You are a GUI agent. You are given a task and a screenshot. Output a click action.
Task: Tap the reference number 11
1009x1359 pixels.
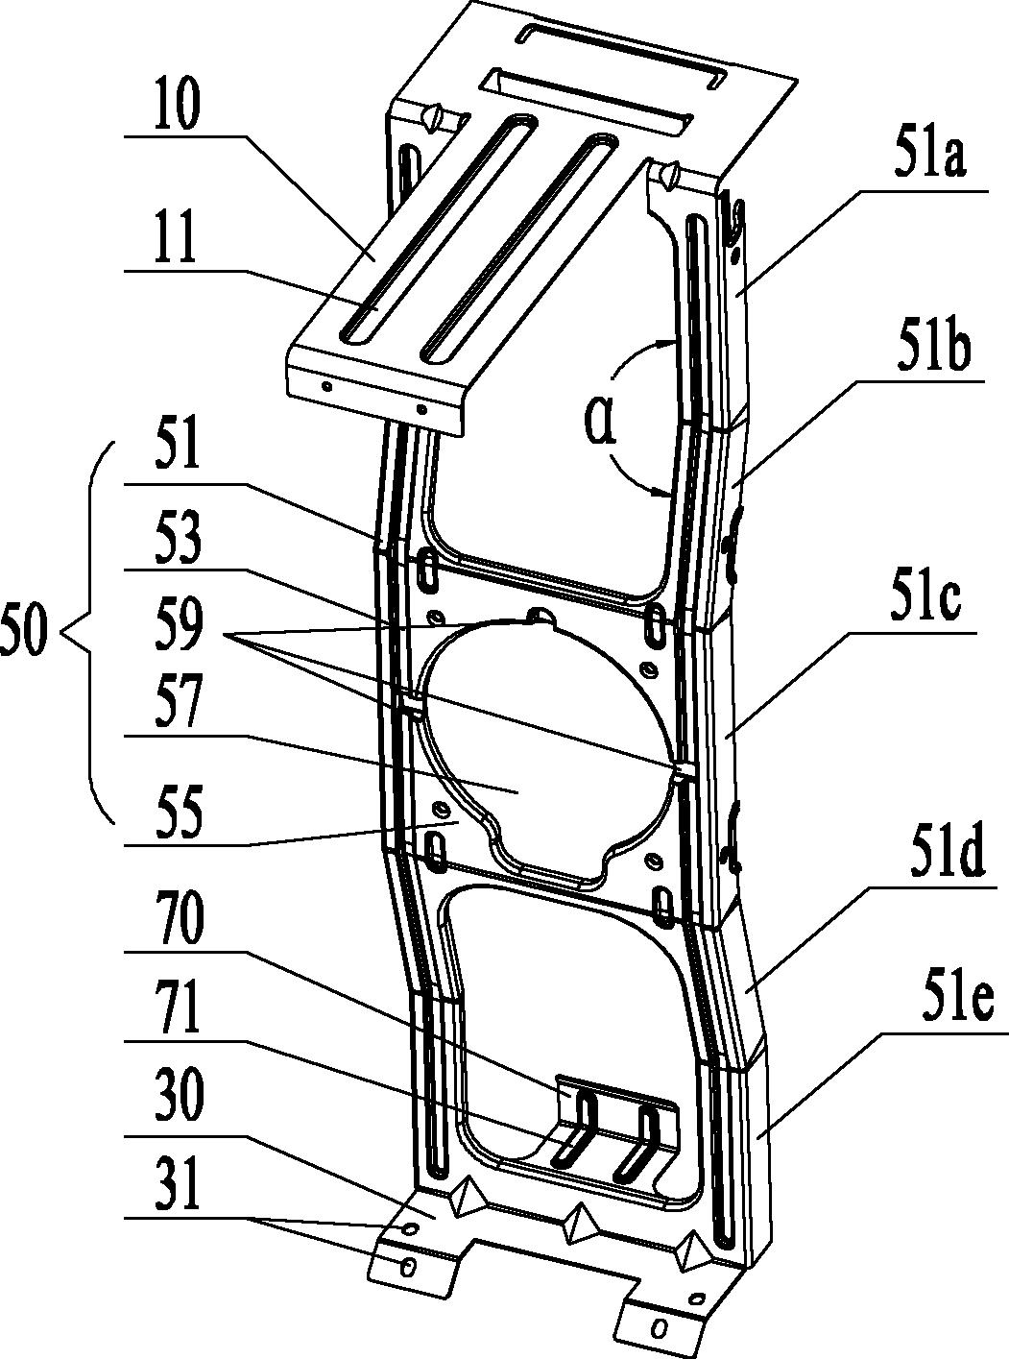(175, 240)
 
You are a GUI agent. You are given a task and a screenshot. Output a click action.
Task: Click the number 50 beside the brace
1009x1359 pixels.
(25, 636)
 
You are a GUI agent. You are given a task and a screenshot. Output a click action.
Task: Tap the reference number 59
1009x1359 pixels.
(176, 627)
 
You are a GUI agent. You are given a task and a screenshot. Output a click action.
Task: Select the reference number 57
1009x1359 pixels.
(176, 709)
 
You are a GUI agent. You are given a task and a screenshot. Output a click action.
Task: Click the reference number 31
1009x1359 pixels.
(175, 1188)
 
